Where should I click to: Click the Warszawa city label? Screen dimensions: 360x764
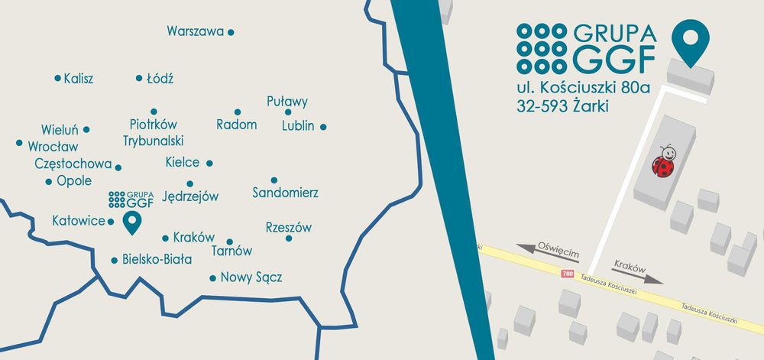click(195, 31)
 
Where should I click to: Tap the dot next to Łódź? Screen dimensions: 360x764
click(139, 78)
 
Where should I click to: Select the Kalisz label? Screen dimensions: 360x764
click(79, 79)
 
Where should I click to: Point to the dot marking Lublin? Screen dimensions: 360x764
click(323, 127)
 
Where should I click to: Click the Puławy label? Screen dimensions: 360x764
click(287, 102)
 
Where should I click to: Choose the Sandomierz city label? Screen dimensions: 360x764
click(285, 193)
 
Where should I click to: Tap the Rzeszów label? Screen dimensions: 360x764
click(289, 228)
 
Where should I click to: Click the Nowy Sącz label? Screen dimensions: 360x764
click(251, 277)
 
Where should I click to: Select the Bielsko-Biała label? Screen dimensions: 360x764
click(157, 260)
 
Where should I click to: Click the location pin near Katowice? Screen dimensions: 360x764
click(132, 222)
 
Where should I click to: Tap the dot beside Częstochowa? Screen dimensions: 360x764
click(118, 166)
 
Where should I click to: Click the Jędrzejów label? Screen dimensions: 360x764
click(191, 196)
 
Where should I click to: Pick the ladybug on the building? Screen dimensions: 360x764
click(663, 161)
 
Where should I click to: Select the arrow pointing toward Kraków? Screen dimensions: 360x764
click(637, 277)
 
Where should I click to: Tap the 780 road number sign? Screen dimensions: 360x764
click(566, 273)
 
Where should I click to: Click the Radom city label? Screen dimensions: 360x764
click(236, 125)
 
